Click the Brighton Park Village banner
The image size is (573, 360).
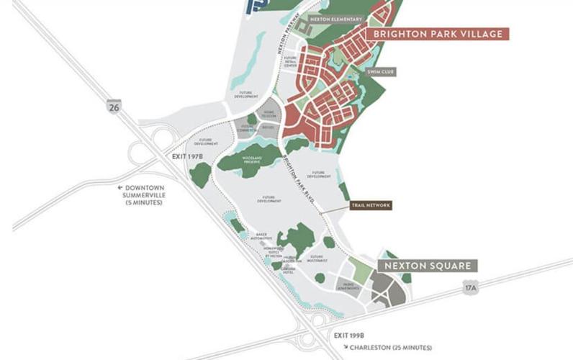(437, 34)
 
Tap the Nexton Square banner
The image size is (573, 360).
(428, 266)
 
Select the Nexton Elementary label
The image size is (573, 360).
(335, 19)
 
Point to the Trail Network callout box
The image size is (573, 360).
(371, 205)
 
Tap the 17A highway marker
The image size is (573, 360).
(469, 287)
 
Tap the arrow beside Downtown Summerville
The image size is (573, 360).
(121, 187)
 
